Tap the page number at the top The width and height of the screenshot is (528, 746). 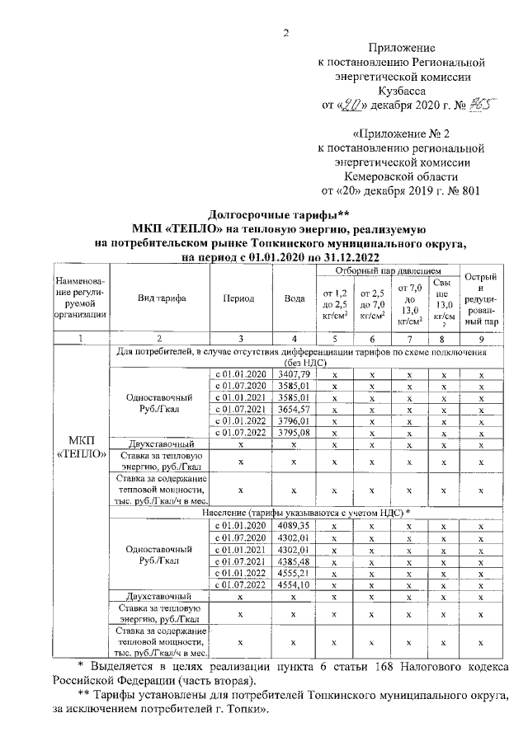(x=286, y=34)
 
